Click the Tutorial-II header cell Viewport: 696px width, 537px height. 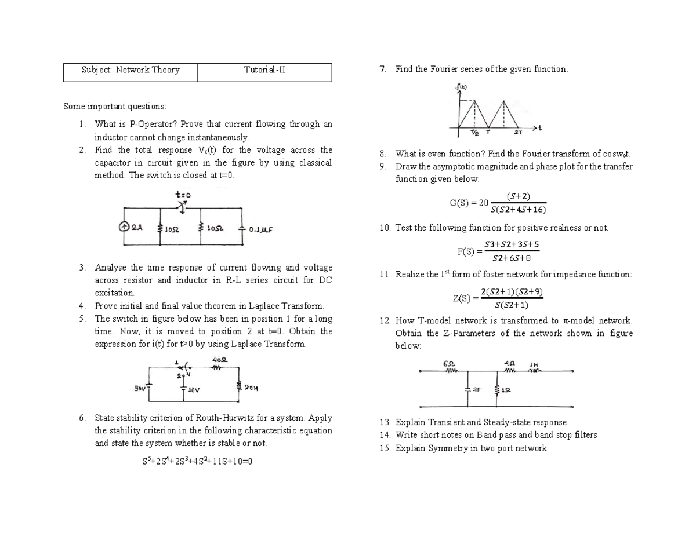pyautogui.click(x=264, y=71)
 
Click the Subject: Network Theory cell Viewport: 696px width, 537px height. pyautogui.click(x=130, y=71)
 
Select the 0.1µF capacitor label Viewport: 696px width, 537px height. pyautogui.click(x=260, y=229)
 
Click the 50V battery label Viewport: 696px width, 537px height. pyautogui.click(x=140, y=388)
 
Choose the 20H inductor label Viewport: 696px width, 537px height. pyautogui.click(x=252, y=388)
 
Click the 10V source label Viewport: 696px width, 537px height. pyautogui.click(x=194, y=389)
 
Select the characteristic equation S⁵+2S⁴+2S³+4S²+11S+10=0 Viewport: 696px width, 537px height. pyautogui.click(x=198, y=462)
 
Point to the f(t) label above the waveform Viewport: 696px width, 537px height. pyautogui.click(x=462, y=88)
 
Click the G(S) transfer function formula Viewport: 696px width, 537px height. pyautogui.click(x=498, y=203)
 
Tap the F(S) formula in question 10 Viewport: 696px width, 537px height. pyautogui.click(x=498, y=251)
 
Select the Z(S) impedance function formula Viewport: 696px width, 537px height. pyautogui.click(x=498, y=298)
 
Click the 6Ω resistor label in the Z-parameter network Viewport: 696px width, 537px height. pyautogui.click(x=448, y=364)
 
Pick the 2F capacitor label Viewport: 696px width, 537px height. pyautogui.click(x=476, y=390)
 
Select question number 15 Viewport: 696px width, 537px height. pyautogui.click(x=385, y=448)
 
